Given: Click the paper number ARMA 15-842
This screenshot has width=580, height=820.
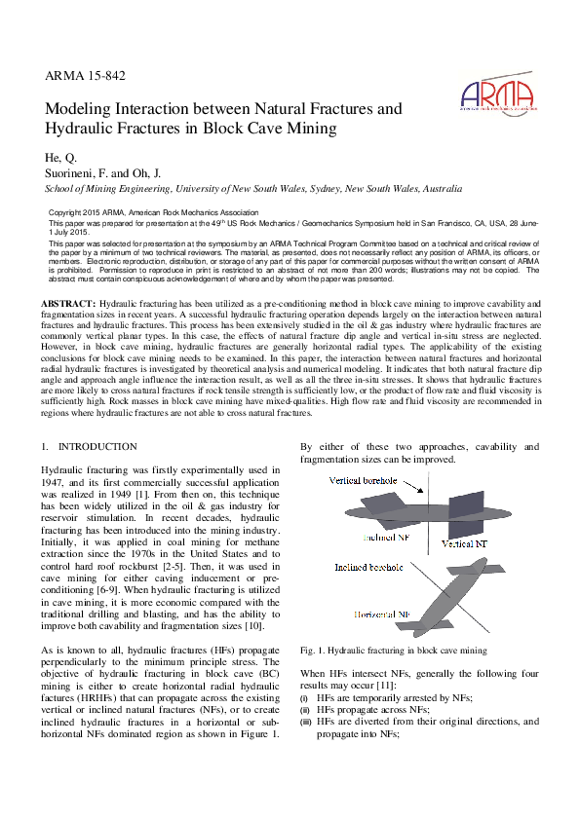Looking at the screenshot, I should (85, 75).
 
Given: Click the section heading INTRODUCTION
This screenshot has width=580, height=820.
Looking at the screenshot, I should (97, 446).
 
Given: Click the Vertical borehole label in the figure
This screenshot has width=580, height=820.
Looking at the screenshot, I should (364, 481).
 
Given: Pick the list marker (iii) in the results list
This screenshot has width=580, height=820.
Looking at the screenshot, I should (305, 722).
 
